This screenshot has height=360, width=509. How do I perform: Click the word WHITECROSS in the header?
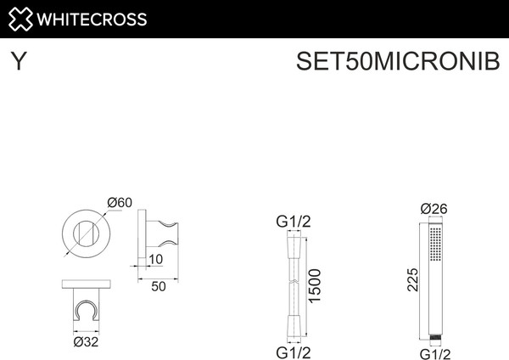click(91, 19)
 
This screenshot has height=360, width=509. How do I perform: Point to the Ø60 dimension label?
click(120, 202)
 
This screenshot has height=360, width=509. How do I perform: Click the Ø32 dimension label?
click(87, 342)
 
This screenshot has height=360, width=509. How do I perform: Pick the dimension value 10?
click(156, 258)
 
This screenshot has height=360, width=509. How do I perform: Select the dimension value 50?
click(158, 286)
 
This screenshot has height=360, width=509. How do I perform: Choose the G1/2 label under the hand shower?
click(433, 352)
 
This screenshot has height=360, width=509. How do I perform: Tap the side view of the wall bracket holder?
click(160, 231)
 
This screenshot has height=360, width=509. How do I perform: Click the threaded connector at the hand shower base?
click(433, 336)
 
